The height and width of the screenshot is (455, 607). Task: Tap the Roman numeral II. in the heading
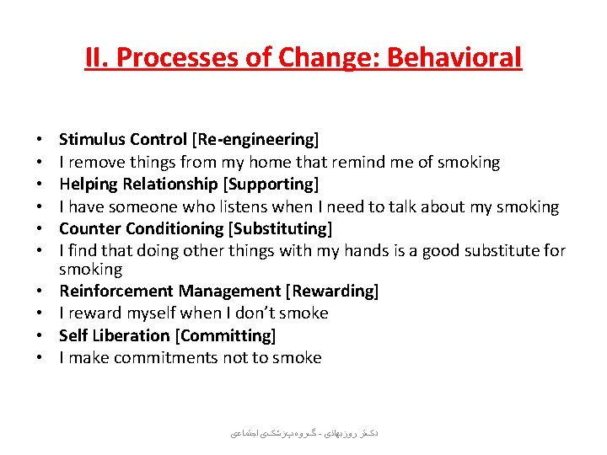tap(97, 57)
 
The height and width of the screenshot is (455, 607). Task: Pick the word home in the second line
tap(274, 162)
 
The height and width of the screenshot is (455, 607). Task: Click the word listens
tap(239, 206)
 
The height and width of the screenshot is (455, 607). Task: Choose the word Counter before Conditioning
tap(88, 228)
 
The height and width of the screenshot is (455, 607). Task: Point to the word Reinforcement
tap(115, 291)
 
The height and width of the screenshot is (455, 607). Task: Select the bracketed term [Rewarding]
tap(332, 291)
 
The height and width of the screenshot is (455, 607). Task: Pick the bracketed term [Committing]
tap(225, 335)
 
